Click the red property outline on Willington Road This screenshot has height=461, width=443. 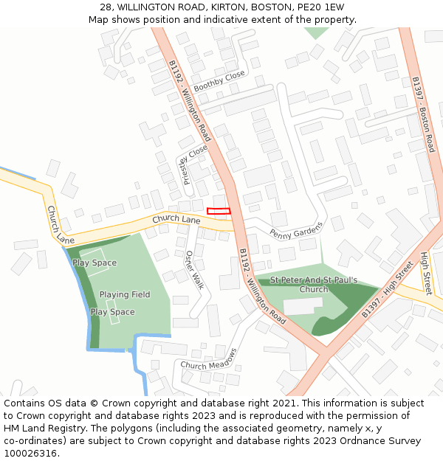(219, 211)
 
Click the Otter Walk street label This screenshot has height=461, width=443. (193, 268)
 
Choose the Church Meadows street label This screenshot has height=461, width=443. (212, 359)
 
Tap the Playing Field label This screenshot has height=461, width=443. (125, 294)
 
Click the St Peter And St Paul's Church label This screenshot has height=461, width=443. (314, 285)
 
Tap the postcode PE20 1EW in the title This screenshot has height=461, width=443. (320, 7)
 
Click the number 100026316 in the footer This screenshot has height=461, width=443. (30, 454)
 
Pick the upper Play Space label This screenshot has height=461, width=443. (95, 263)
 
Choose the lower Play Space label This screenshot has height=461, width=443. (112, 312)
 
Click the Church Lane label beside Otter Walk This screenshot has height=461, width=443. (176, 220)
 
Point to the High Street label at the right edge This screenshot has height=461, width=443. (425, 273)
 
